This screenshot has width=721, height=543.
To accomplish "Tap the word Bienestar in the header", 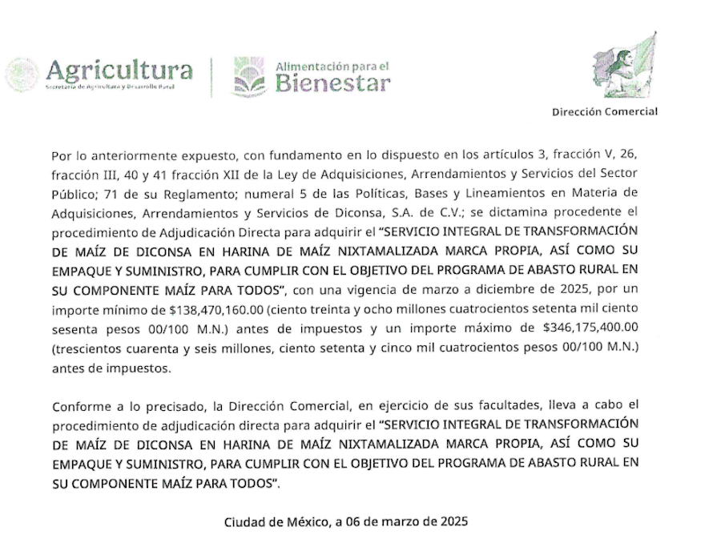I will pos(333,82).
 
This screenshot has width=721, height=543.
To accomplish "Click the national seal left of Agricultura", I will pos(22,75).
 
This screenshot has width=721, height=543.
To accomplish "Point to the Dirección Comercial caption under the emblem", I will pos(605,111).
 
